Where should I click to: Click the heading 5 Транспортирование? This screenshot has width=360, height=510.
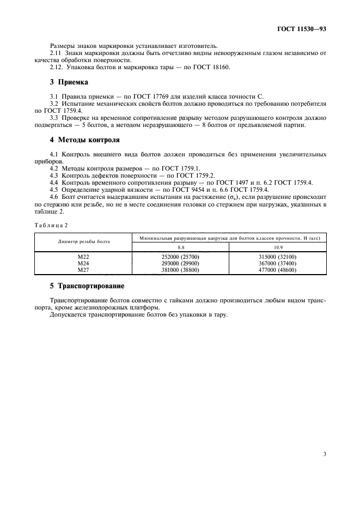click(87, 286)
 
